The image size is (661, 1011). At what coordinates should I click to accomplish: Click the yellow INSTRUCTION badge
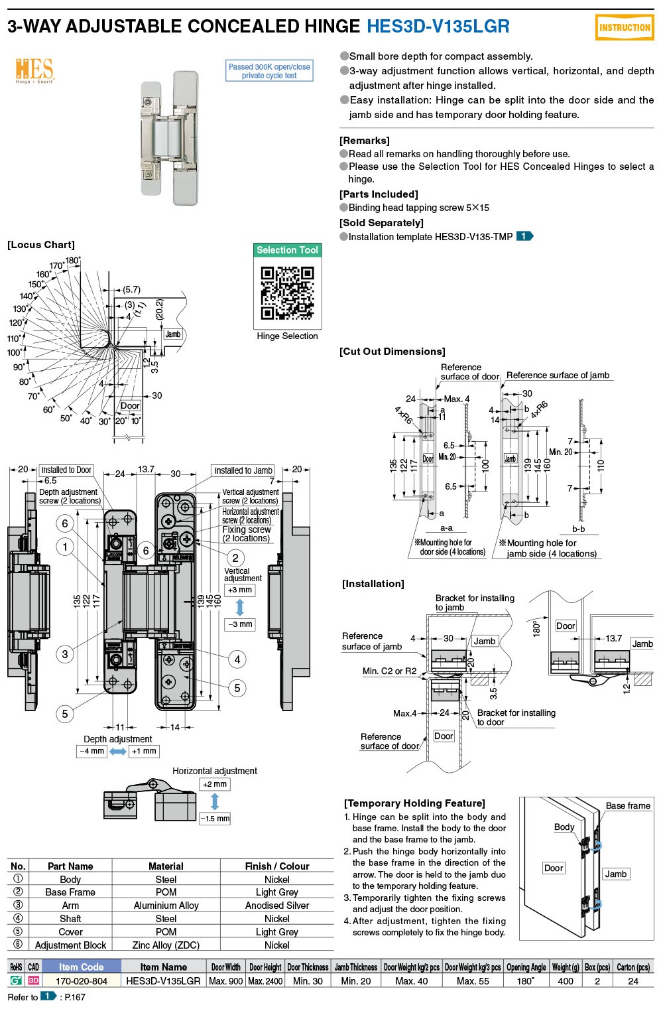(x=624, y=28)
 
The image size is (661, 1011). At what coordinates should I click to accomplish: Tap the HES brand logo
(x=34, y=70)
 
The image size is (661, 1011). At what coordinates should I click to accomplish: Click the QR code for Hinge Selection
(x=287, y=293)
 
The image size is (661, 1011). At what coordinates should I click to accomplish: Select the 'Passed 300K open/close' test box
(x=269, y=71)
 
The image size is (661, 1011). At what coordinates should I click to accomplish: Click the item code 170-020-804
(x=82, y=980)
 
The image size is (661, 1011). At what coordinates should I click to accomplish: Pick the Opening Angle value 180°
(x=526, y=980)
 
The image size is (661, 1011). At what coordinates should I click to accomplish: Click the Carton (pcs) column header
(x=633, y=967)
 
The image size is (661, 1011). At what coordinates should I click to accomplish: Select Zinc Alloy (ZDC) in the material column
(x=166, y=945)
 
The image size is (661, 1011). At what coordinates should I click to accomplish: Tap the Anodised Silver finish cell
(x=277, y=905)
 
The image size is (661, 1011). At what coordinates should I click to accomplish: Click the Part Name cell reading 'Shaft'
(x=70, y=918)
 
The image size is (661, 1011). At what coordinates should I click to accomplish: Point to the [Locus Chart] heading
(x=41, y=245)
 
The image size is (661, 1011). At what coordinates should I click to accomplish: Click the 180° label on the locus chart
(x=73, y=261)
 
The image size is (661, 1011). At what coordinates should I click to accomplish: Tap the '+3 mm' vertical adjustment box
(x=240, y=590)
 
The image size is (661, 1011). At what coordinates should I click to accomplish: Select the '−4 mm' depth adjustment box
(x=91, y=751)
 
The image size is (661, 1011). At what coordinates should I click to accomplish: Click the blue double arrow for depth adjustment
(x=118, y=751)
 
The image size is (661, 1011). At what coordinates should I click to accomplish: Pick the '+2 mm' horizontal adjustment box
(x=215, y=784)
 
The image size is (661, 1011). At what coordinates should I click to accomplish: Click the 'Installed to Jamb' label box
(x=243, y=470)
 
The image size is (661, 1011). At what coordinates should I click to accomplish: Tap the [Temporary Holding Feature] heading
(x=414, y=803)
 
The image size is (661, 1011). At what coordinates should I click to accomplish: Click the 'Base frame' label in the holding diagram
(x=628, y=805)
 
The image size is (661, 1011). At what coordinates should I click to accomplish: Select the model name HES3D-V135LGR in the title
(x=438, y=27)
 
